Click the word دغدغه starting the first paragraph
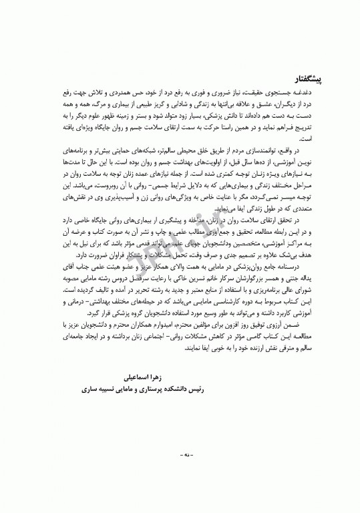tap(311, 96)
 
